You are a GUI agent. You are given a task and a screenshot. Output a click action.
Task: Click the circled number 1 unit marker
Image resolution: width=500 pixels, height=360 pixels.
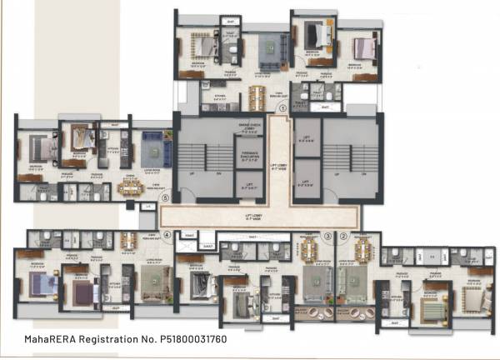[x=282, y=107]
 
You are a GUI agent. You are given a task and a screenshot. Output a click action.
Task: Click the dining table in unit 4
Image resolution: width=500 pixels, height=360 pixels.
[x=129, y=242]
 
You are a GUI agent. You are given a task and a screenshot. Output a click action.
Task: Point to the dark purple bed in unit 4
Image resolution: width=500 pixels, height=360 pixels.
[x=82, y=292]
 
